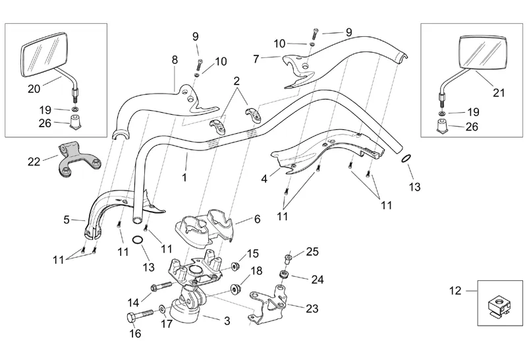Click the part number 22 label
(x=33, y=161)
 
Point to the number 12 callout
(x=454, y=289)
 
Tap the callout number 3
(x=227, y=321)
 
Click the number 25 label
(x=312, y=251)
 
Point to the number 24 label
(x=318, y=280)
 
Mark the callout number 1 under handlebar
(x=185, y=177)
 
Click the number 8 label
(x=175, y=59)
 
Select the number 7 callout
(x=256, y=59)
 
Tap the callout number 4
(x=264, y=178)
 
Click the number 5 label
(x=66, y=220)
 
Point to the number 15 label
(x=253, y=253)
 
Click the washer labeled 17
(x=162, y=309)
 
